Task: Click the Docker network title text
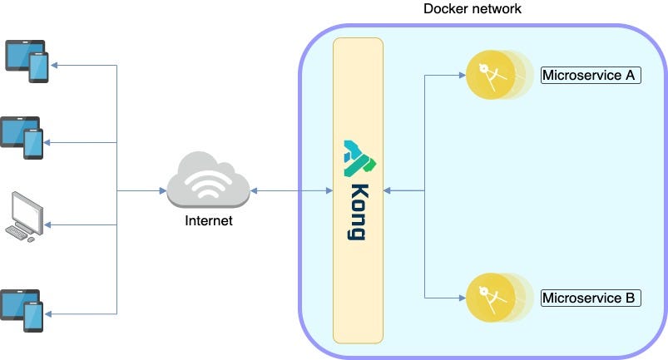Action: [472, 8]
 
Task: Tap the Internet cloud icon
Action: [208, 180]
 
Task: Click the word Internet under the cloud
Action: [209, 220]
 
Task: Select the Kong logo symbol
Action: [360, 158]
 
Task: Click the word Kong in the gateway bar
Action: [357, 212]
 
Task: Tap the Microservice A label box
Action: [591, 76]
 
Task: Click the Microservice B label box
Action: [591, 298]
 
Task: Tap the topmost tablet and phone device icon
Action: [27, 62]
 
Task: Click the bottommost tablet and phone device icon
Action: [22, 311]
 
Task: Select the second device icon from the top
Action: [22, 138]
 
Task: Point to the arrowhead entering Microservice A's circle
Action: [463, 76]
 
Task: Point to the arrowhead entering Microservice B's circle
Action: [463, 298]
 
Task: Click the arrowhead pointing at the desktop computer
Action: [47, 224]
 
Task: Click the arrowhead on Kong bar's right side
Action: [387, 190]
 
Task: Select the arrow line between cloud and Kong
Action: [291, 190]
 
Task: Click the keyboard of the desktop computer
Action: [16, 233]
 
